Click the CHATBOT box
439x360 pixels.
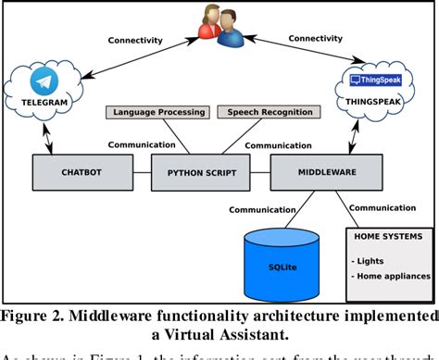73,172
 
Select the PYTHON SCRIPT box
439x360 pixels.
200,173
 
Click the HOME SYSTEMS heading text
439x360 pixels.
389,235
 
